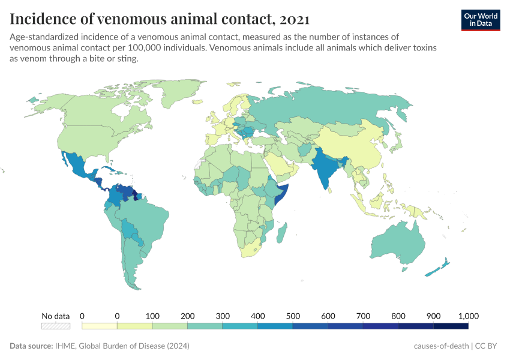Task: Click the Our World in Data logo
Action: coord(480,19)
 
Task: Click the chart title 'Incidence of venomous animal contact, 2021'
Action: coord(160,19)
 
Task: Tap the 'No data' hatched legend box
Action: coord(56,326)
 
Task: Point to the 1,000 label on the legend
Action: coord(469,316)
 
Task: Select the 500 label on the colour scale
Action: coord(293,316)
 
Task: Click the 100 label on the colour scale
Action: coord(152,316)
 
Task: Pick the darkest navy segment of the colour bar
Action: coord(451,326)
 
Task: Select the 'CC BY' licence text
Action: coord(488,346)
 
